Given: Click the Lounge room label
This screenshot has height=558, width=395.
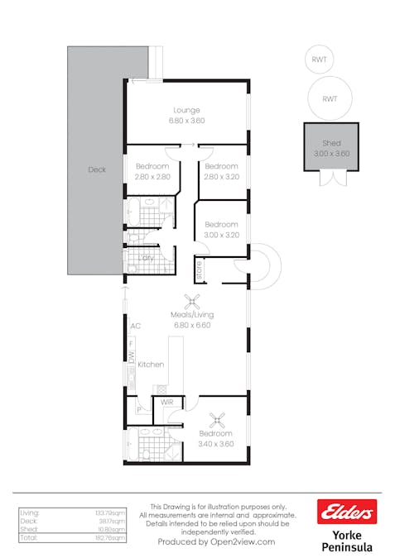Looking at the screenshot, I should point(186,110).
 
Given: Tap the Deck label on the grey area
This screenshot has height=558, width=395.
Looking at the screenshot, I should point(97,170).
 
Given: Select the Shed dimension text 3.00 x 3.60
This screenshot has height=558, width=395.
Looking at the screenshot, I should point(331,153).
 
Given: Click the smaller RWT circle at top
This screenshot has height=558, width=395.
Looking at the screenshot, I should point(319,60).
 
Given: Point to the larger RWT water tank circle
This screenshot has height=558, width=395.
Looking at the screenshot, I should point(330,98).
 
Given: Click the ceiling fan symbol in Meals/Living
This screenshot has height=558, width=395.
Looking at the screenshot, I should point(193,302).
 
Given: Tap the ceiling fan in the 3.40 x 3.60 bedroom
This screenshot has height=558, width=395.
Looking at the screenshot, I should point(217,420).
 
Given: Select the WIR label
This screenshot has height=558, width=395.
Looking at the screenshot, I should point(166,402).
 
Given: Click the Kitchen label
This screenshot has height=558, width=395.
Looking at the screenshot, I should point(151,365).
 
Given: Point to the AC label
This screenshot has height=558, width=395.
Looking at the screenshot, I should point(135,326).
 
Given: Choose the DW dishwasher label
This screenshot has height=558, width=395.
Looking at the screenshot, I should point(131,356).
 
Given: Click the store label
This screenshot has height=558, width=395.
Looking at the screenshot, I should point(199,269).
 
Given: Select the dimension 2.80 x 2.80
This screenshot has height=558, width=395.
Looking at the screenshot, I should point(152,176).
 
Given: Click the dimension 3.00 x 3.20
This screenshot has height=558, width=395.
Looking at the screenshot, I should point(221,235).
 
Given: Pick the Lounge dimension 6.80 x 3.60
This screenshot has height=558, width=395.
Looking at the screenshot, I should point(186,121).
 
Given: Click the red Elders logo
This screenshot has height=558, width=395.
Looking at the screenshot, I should point(347,512).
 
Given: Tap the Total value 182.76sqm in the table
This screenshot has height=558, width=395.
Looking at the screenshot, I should point(112,537).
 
